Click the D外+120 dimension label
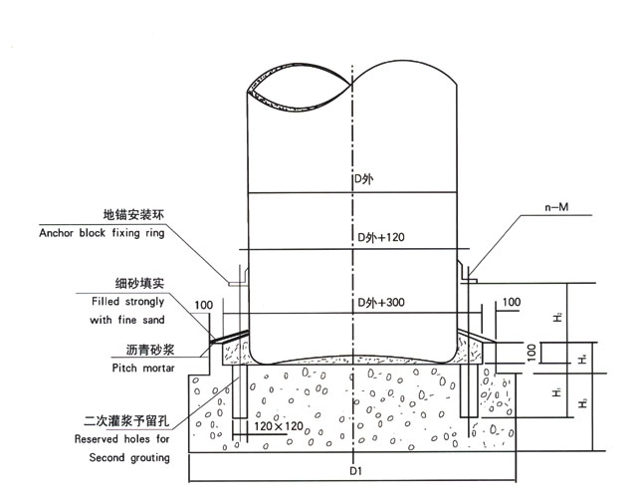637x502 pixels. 381,239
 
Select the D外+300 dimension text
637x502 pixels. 381,302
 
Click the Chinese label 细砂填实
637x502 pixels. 139,284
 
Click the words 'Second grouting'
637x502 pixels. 129,457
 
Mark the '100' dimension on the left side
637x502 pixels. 204,304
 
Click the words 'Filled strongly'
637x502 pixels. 123,301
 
